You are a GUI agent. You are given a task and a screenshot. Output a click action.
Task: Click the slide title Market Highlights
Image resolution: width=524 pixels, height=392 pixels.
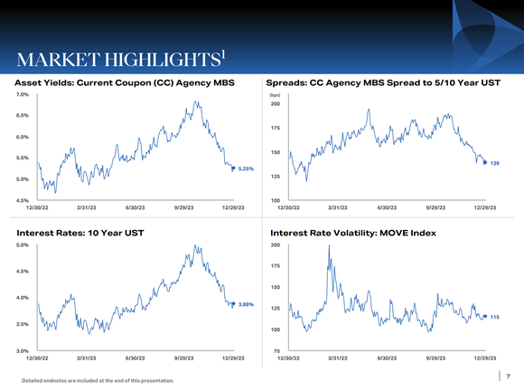pos(113,59)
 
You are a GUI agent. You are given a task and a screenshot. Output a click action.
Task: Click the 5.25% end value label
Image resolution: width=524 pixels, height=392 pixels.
pos(245,168)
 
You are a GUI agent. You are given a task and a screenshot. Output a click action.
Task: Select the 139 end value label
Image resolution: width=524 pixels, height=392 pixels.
pos(495,163)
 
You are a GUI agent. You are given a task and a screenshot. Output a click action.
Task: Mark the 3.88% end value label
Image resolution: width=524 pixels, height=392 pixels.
pos(245,304)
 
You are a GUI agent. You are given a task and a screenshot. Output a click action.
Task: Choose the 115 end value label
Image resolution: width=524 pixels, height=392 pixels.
pos(495,317)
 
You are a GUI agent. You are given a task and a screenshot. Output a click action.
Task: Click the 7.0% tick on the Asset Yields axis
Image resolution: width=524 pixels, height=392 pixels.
pos(22,94)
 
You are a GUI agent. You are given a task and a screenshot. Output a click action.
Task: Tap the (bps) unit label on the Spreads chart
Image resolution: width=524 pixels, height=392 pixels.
pos(275,94)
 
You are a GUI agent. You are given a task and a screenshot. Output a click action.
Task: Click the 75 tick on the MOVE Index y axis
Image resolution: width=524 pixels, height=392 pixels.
pos(276,350)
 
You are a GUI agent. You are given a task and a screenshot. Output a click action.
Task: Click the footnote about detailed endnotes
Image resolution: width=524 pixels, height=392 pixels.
pos(98,380)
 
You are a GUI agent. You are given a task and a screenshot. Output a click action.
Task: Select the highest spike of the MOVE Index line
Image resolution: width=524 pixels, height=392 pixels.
pos(329,246)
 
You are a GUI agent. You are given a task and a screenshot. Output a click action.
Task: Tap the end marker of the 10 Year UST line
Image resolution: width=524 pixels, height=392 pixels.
pos(233,304)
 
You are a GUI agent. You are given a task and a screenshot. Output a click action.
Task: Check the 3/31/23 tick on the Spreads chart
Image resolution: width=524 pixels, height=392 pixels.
pos(337,208)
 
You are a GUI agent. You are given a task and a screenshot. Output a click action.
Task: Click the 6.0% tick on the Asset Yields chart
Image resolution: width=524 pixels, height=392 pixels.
pos(22,137)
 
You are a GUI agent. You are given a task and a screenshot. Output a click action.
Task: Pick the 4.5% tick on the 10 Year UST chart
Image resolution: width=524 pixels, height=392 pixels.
pos(22,272)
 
